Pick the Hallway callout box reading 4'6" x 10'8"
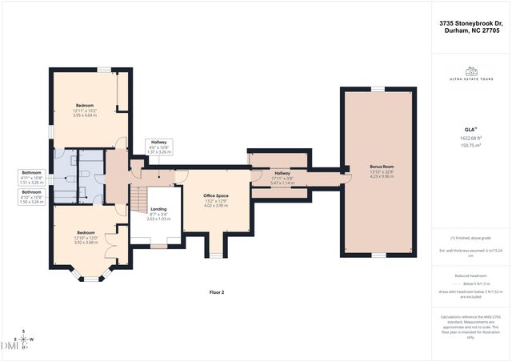point(159,147)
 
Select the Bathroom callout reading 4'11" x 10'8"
point(31,176)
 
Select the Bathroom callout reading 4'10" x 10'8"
point(31,197)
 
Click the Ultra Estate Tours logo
point(471,74)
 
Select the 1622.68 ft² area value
point(471,138)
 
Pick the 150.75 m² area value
point(471,146)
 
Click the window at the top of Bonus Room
point(376,89)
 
